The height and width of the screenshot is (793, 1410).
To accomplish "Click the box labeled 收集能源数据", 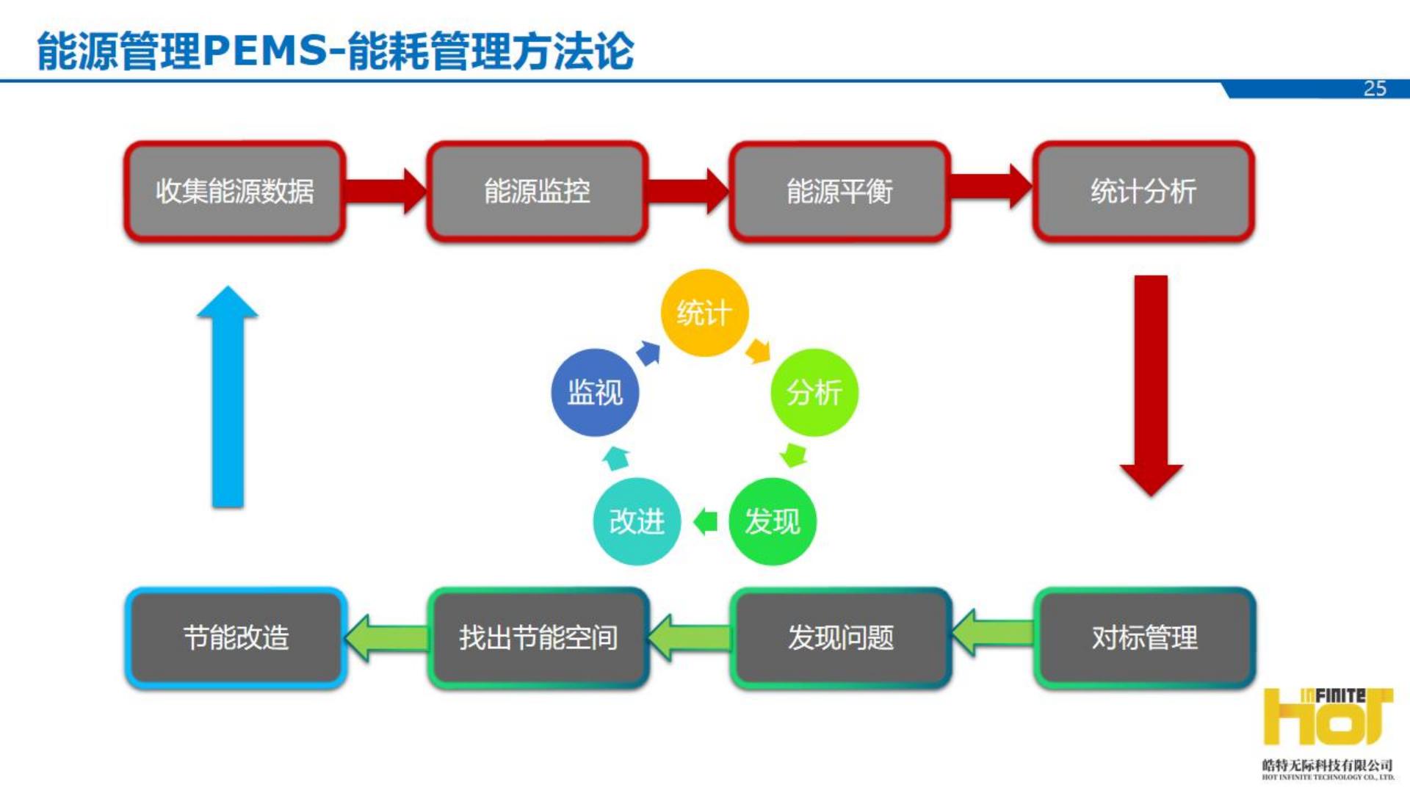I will [x=234, y=192].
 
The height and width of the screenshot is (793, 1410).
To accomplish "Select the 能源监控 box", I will [x=537, y=192].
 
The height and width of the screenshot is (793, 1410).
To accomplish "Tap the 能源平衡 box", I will [x=839, y=192].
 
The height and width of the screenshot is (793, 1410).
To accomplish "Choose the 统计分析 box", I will [x=1143, y=192].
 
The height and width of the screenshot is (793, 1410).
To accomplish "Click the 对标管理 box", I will [x=1144, y=637].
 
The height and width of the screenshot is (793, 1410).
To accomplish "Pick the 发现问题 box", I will [x=841, y=637].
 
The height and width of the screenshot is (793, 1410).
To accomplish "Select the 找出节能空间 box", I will [x=538, y=637].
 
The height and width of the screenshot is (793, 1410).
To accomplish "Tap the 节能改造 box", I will [x=236, y=637].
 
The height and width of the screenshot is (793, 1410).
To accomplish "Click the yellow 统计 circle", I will [x=704, y=313].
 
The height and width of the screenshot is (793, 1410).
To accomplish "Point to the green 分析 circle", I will [x=814, y=392].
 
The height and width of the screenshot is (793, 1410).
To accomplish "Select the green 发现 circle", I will [x=772, y=521].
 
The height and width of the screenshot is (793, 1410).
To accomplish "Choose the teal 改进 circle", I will [x=637, y=521].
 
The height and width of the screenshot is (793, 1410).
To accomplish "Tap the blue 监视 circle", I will [x=595, y=392].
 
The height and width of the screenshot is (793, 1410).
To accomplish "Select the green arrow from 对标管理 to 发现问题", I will [x=992, y=633].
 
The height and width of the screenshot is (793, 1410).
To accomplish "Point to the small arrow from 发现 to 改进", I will [x=705, y=521].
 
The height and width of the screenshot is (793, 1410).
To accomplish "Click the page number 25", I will [x=1375, y=89].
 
